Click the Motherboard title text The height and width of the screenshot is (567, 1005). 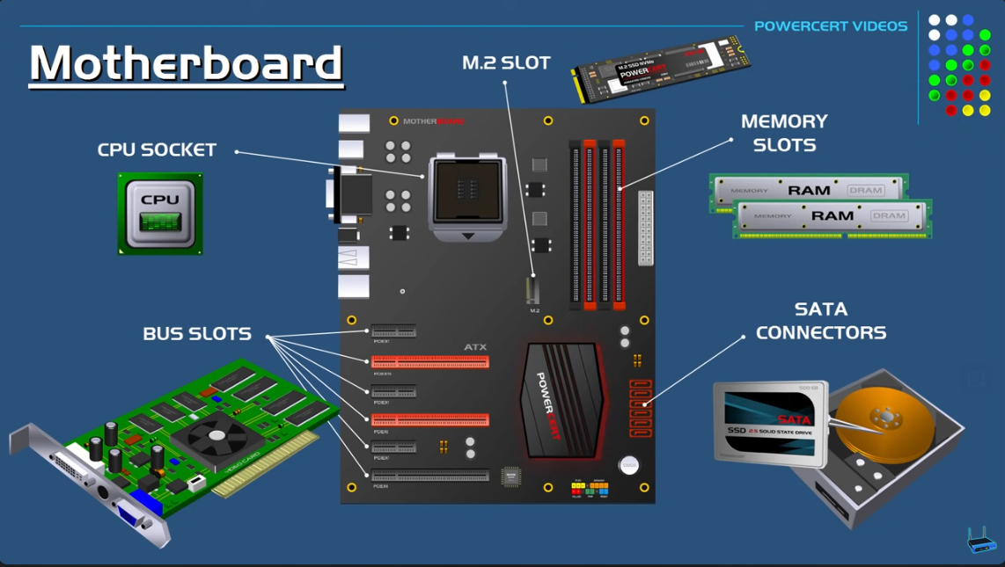(186, 64)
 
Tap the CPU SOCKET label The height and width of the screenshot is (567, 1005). (157, 150)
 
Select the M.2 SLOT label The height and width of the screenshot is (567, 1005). (506, 63)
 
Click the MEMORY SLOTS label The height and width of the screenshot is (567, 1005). (784, 133)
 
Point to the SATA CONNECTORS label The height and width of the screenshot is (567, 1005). (821, 321)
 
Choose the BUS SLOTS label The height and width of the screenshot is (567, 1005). (197, 334)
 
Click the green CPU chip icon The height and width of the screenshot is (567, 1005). (160, 214)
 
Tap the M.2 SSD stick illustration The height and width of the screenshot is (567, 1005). (660, 67)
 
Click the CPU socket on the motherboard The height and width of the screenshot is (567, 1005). (467, 191)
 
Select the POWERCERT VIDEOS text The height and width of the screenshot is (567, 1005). (830, 26)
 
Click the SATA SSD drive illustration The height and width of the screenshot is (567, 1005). (769, 424)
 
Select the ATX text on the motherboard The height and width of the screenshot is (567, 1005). (475, 347)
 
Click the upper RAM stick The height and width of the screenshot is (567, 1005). (808, 190)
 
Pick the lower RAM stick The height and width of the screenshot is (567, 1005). (832, 216)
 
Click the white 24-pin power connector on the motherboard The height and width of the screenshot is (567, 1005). (645, 228)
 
